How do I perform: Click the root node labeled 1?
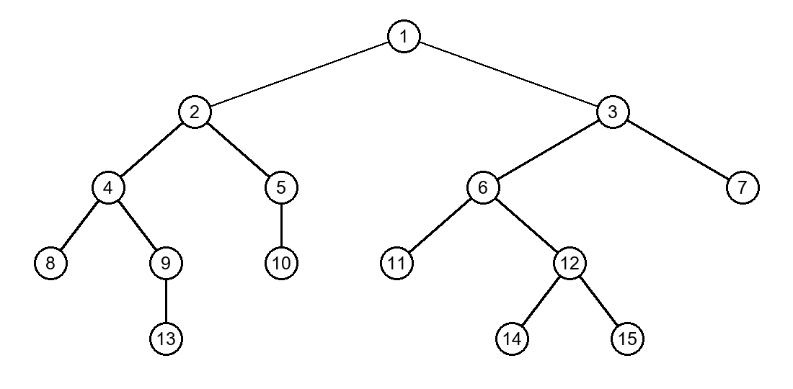click(404, 36)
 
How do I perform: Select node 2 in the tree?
click(195, 112)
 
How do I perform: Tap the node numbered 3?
click(613, 112)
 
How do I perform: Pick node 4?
click(108, 187)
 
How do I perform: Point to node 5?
click(281, 187)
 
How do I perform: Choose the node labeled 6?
click(483, 187)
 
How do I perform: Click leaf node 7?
click(743, 187)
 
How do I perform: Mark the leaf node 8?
click(50, 263)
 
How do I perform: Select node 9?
click(166, 263)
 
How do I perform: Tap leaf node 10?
click(281, 263)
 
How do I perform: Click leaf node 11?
click(396, 263)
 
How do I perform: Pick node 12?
click(570, 263)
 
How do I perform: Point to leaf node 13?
click(166, 339)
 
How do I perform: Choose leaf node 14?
click(512, 339)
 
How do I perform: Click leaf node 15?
click(627, 339)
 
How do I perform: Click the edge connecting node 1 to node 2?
click(299, 74)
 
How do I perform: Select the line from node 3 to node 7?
click(678, 150)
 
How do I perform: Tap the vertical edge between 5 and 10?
click(281, 225)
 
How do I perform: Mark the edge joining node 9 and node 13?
click(166, 301)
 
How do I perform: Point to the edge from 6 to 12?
click(526, 225)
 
